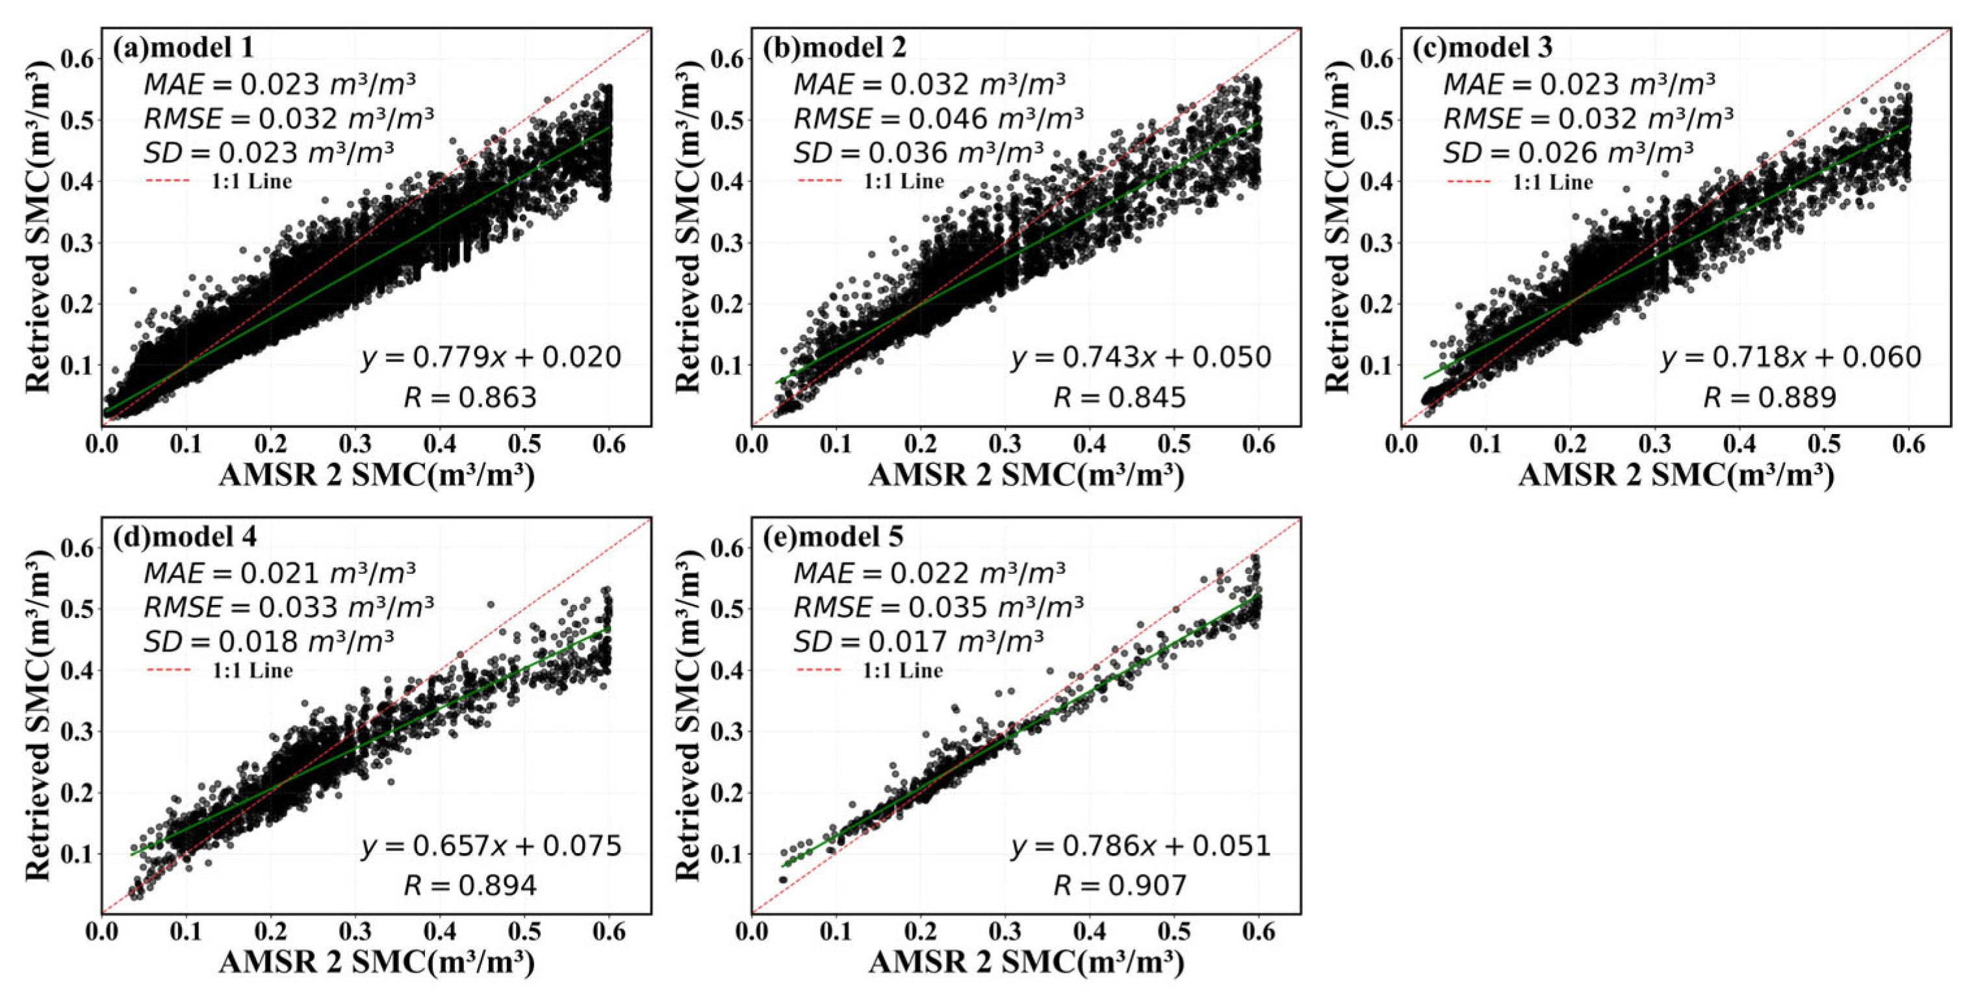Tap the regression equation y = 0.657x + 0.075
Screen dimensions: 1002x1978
pos(491,846)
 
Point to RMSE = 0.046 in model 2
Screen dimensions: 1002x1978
pos(938,118)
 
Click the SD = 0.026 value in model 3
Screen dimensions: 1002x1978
pos(1568,153)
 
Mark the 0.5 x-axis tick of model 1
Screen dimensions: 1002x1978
pos(525,444)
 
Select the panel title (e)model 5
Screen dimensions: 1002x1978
pos(833,537)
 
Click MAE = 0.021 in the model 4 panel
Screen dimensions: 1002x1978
pos(279,572)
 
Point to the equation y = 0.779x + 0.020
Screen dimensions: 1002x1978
pos(491,357)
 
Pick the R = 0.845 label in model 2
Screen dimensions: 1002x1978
pos(1120,398)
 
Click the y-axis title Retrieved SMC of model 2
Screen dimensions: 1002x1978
pos(688,227)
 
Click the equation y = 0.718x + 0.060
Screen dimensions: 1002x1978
pos(1791,357)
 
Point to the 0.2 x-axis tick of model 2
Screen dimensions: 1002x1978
pos(920,444)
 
